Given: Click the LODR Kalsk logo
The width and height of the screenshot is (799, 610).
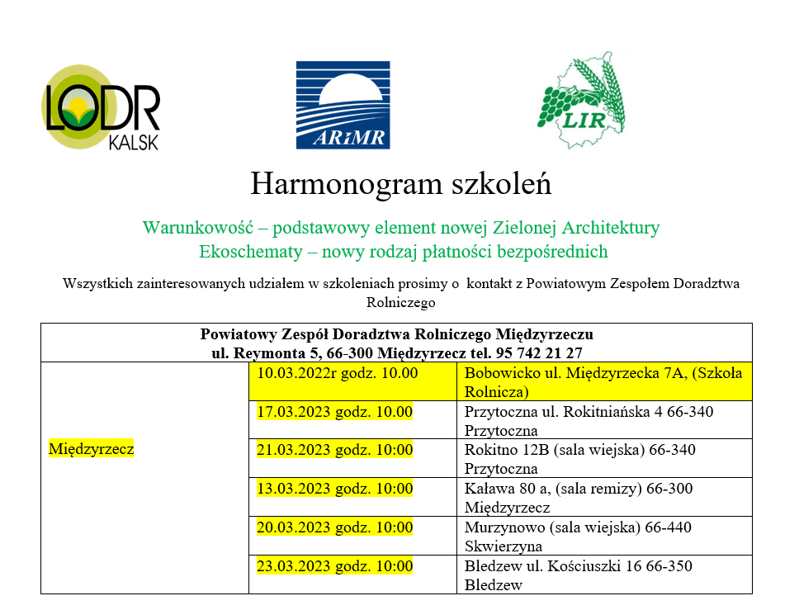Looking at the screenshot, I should coord(101,107).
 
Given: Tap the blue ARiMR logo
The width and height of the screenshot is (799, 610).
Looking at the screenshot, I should coord(343,105).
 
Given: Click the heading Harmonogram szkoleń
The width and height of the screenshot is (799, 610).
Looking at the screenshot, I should coord(400,183).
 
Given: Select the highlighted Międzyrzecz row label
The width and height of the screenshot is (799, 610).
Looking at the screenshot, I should coord(91,450).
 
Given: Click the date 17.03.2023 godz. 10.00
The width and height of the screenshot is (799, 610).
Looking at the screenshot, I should coord(334,412).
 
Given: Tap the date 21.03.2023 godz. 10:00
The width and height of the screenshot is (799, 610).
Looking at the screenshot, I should coord(334,450).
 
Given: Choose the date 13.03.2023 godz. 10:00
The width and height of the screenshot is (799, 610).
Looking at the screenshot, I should coord(334,489).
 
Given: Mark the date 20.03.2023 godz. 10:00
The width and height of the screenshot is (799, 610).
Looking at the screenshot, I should coord(334,527).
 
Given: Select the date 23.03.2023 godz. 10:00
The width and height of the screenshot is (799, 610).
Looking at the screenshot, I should coord(334,566).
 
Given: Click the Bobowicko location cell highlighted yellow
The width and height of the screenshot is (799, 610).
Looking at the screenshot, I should coord(603,382).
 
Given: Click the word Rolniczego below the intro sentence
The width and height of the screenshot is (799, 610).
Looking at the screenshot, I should coord(400,303).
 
